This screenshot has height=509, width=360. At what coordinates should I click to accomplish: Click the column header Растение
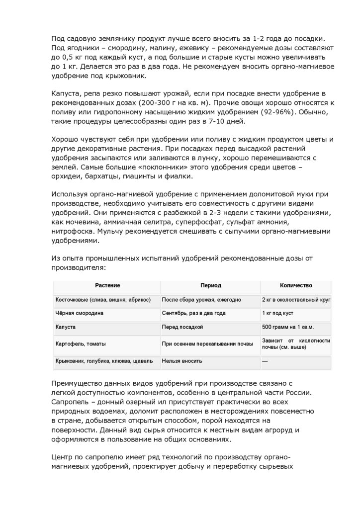tap(107, 285)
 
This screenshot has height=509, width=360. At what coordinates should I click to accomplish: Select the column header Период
tap(210, 285)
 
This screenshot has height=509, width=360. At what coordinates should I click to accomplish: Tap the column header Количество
tap(296, 285)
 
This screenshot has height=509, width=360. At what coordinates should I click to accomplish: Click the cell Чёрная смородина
tap(80, 314)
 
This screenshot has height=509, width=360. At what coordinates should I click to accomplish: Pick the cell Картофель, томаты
tap(81, 343)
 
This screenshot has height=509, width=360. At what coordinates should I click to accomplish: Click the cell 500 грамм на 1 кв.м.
tap(288, 327)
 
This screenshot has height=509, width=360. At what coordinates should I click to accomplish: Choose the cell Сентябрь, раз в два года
tap(194, 314)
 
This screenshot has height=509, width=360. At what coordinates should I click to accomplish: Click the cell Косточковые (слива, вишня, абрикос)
tap(103, 300)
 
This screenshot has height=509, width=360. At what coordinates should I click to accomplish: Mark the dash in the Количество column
tap(265, 361)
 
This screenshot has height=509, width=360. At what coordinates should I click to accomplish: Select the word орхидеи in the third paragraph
tap(67, 176)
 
